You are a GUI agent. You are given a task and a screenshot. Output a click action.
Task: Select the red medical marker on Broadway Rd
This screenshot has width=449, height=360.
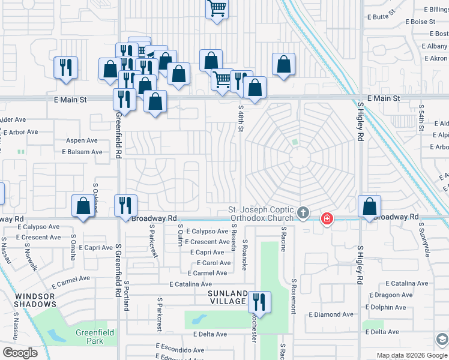pos(327,218)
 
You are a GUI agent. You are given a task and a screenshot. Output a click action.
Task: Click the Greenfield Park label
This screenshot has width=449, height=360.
pos(95,337)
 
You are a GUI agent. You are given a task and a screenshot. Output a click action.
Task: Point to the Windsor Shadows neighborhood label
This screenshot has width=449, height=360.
pos(35,300)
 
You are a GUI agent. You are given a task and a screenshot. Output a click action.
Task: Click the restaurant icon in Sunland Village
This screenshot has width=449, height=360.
pos(259,301)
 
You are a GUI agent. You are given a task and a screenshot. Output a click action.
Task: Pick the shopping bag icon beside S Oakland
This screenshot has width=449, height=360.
pos(83,206)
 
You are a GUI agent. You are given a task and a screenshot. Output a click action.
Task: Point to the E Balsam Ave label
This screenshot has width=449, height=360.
pos(82,152)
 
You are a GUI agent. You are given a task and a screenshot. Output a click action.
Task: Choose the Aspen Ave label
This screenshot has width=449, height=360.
pos(82,140)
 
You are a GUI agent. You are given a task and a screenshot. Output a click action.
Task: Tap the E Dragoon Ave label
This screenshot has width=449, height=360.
pos(391,295)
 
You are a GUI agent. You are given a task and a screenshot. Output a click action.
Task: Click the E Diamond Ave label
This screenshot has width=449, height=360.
pos(331,314)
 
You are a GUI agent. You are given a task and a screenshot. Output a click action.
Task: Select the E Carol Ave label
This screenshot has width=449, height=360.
pos(214,263)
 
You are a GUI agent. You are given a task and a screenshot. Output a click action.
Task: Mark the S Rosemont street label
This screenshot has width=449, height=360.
pos(294,296)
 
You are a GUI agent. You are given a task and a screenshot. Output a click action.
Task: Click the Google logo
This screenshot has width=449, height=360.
pos(20,353)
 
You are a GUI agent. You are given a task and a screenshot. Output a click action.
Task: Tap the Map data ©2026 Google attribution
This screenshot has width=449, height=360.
pos(403,355)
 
